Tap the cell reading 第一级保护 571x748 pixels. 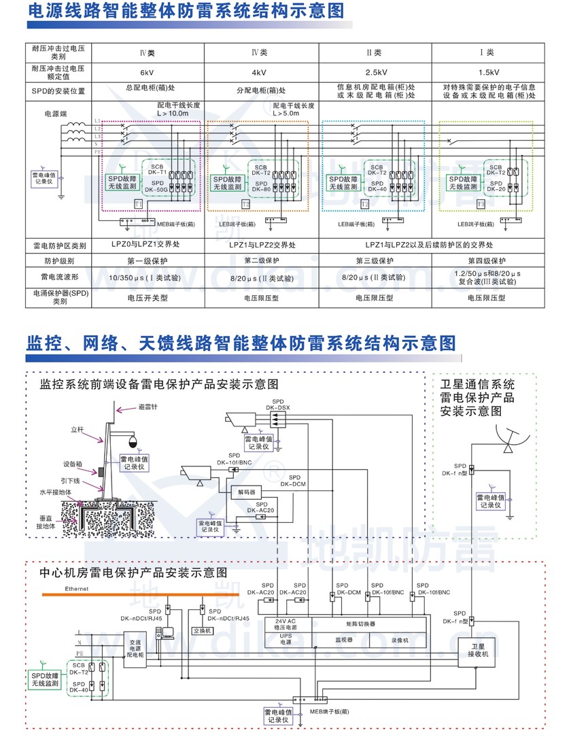pyautogui.click(x=148, y=261)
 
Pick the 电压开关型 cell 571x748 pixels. pyautogui.click(x=148, y=297)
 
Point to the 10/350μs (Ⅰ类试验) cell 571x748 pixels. pyautogui.click(x=148, y=278)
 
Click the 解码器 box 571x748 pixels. pyautogui.click(x=246, y=491)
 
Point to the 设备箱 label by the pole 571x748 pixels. pyautogui.click(x=73, y=464)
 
